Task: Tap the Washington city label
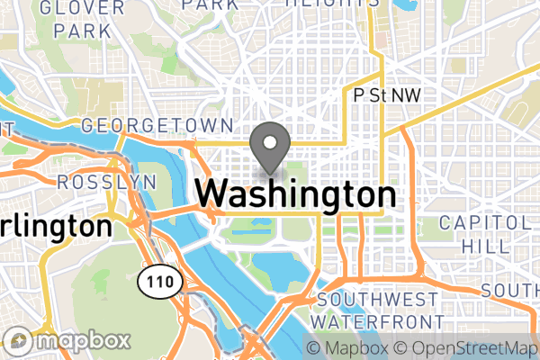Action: pyautogui.click(x=295, y=194)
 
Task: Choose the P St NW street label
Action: pyautogui.click(x=388, y=94)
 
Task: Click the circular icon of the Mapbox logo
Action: pyautogui.click(x=20, y=341)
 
